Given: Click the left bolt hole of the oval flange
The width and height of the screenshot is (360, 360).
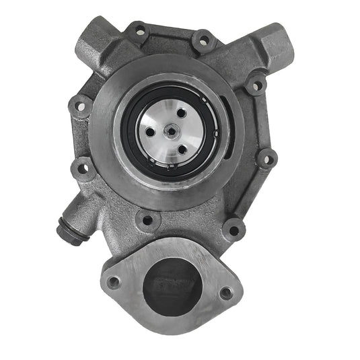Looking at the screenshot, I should point(114,282).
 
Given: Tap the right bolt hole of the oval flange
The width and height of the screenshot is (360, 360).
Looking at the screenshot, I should point(227,293).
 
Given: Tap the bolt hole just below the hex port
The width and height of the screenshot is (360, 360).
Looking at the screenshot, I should point(255,85).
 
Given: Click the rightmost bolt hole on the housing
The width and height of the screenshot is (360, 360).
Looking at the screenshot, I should point(266,159).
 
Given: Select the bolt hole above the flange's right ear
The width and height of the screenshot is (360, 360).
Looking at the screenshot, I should point(233,228).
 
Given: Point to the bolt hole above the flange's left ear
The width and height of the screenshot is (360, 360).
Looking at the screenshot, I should point(145,219).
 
